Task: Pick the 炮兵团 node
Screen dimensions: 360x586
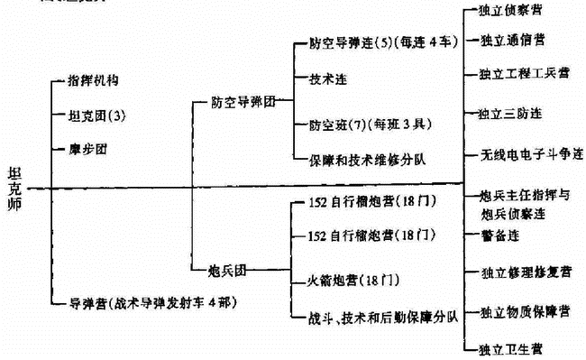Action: pyautogui.click(x=230, y=268)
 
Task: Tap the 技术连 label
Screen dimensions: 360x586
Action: pyautogui.click(x=328, y=79)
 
